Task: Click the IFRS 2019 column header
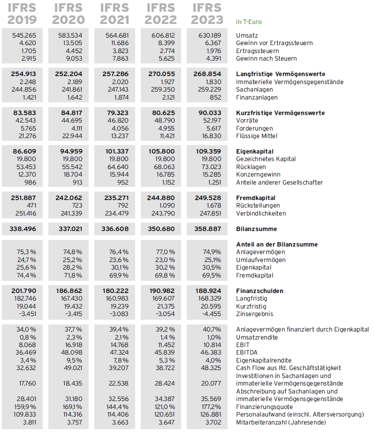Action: point(23,14)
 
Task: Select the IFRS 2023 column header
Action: point(207,14)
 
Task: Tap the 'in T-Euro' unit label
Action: point(249,22)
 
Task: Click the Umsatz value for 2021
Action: point(115,35)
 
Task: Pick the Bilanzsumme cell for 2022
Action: point(161,229)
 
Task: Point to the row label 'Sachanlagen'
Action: point(253,90)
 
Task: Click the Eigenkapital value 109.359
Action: point(207,151)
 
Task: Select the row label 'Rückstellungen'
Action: point(258,205)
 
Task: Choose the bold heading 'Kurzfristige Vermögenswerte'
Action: point(280,113)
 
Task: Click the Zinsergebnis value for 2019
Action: point(26,314)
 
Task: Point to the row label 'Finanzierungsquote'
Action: point(265,406)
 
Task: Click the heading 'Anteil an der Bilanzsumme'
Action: point(277,244)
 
